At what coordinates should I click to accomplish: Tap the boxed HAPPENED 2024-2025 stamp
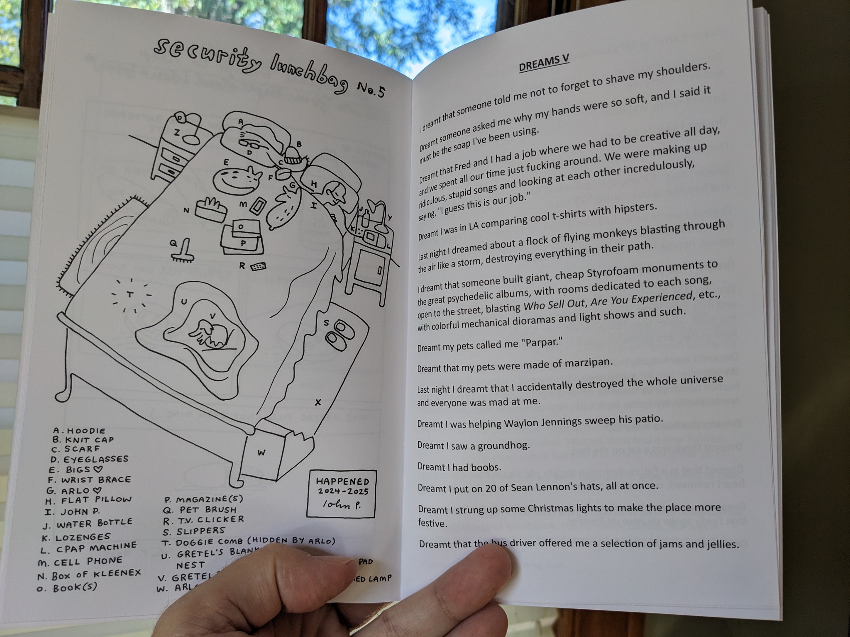click(342, 494)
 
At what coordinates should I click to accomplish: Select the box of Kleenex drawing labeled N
click(210, 209)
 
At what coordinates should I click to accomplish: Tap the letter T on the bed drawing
click(129, 295)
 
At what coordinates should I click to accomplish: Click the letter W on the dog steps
click(261, 452)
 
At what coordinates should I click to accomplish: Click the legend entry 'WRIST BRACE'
click(95, 480)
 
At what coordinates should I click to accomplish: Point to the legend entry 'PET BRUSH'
click(206, 510)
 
